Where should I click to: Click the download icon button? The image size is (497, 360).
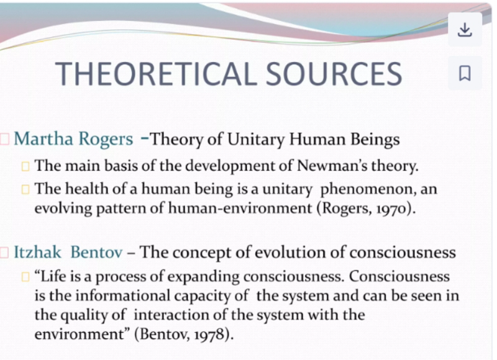pyautogui.click(x=465, y=30)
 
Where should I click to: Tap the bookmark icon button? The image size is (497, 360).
pyautogui.click(x=465, y=73)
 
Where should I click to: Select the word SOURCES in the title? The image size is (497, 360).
pyautogui.click(x=334, y=74)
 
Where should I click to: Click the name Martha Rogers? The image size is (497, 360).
pyautogui.click(x=73, y=139)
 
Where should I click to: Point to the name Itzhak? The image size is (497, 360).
pyautogui.click(x=37, y=253)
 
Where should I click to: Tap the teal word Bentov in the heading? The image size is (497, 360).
pyautogui.click(x=96, y=253)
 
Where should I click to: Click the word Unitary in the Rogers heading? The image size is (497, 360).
pyautogui.click(x=256, y=139)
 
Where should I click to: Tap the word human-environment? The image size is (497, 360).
pyautogui.click(x=240, y=209)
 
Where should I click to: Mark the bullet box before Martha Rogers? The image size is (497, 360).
pyautogui.click(x=5, y=139)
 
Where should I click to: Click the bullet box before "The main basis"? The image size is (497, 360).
pyautogui.click(x=25, y=166)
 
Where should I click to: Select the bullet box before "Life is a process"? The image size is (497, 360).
pyautogui.click(x=25, y=277)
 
